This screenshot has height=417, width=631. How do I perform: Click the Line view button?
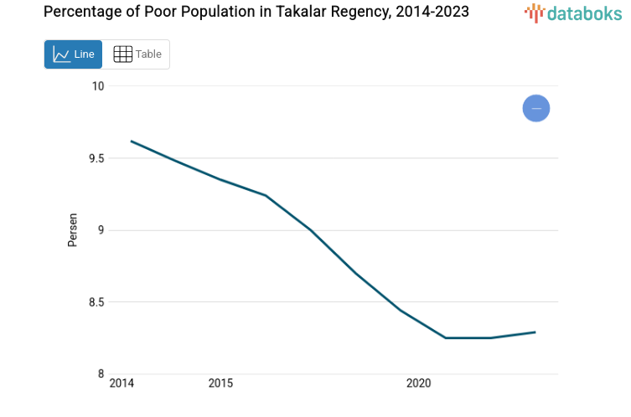[x=73, y=54]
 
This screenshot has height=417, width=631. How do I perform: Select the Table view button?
[x=137, y=54]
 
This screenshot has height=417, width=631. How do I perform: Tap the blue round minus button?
[x=536, y=108]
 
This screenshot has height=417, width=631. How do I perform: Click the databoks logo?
[x=573, y=13]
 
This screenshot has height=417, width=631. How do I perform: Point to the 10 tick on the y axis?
[x=98, y=86]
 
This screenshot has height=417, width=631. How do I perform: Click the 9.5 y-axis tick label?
[x=96, y=158]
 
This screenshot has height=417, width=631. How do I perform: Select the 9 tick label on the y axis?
[x=101, y=230]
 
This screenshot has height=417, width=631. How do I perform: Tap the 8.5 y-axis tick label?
[x=96, y=302]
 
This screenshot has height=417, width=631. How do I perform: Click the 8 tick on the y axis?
[x=101, y=374]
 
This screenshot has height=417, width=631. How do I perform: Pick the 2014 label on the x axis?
[x=122, y=384]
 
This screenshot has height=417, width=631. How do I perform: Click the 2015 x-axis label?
[x=220, y=384]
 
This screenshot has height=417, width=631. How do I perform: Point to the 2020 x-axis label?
[x=418, y=384]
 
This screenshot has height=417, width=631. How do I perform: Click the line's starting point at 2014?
[x=132, y=141]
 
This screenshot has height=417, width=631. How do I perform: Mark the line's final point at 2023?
[x=535, y=332]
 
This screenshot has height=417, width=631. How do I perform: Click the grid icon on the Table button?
[x=123, y=54]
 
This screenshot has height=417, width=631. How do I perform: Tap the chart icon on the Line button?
[x=61, y=54]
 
